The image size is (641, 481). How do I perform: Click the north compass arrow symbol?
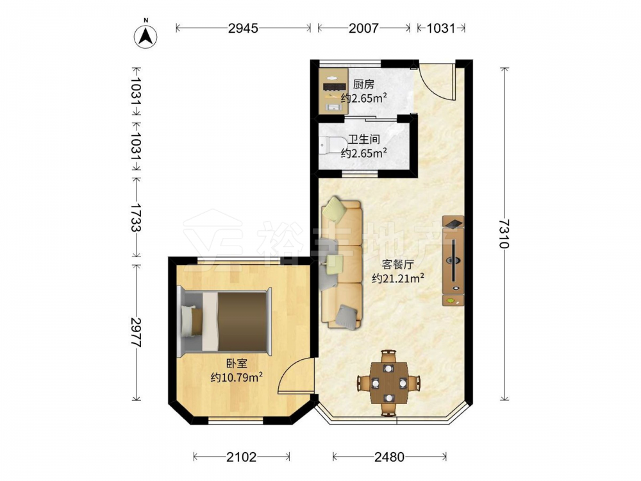[x=146, y=36]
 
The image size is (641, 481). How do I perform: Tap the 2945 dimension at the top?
[x=243, y=28]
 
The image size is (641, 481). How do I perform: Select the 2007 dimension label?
[x=364, y=28]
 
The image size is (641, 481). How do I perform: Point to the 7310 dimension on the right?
[x=504, y=233]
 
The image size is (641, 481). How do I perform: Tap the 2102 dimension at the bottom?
[x=242, y=457]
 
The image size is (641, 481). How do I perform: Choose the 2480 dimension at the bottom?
[x=390, y=457]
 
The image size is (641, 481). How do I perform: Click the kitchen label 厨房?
[x=363, y=85]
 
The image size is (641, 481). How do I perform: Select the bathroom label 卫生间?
[x=364, y=139]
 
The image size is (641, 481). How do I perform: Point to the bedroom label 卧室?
[x=237, y=363]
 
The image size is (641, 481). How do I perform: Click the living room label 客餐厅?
[x=398, y=264]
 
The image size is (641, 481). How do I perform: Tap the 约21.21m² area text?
[x=398, y=278]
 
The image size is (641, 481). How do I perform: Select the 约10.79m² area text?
[x=237, y=377]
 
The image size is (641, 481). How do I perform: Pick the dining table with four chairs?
[x=389, y=383]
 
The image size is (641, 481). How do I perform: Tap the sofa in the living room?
[x=342, y=264]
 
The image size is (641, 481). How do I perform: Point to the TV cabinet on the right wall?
[x=453, y=261]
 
